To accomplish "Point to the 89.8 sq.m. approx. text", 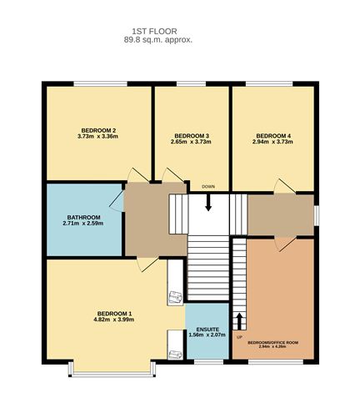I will (158, 39).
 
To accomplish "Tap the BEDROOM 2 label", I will (97, 130).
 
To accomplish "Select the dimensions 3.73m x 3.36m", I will (97, 137).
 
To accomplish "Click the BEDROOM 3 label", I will (191, 135).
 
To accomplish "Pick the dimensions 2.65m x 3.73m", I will (191, 142).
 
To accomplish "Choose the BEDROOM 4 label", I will (273, 135).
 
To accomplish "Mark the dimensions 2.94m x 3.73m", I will (273, 142).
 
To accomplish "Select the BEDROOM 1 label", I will (114, 313).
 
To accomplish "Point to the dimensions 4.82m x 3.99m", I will (114, 320).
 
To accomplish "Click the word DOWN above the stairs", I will (208, 186).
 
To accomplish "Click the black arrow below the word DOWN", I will (208, 203).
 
